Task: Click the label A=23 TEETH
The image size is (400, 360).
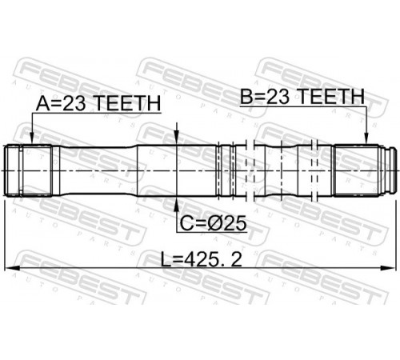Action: [x=98, y=104]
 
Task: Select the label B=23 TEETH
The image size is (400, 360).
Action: [x=302, y=97]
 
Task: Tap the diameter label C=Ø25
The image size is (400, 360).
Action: [x=213, y=223]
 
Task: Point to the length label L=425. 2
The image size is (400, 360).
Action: [x=202, y=260]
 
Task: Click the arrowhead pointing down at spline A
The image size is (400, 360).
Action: [x=32, y=139]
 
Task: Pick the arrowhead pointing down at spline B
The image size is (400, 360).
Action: [x=366, y=139]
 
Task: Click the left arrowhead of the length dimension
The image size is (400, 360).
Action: [x=11, y=269]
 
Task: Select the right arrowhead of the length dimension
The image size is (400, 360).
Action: [x=388, y=269]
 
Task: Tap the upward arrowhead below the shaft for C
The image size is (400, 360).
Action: [x=177, y=204]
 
